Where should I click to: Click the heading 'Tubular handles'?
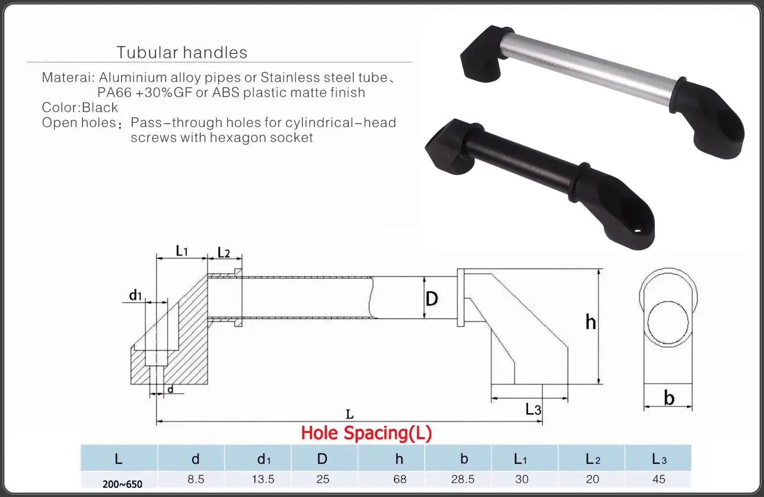(182, 52)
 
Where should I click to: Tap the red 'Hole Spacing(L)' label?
(366, 433)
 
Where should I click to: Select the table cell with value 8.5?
(195, 479)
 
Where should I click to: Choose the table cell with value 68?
(399, 479)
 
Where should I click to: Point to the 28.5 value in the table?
(464, 479)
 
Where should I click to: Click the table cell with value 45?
(658, 479)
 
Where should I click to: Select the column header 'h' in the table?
(399, 458)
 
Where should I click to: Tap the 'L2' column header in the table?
(593, 458)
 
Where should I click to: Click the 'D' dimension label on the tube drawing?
(432, 298)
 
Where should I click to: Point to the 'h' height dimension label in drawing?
(590, 322)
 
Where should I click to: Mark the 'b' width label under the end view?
(669, 398)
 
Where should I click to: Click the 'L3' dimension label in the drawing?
(533, 409)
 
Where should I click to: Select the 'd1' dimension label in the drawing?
(136, 295)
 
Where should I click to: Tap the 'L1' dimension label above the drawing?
(182, 251)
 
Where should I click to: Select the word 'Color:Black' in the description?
(80, 108)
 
